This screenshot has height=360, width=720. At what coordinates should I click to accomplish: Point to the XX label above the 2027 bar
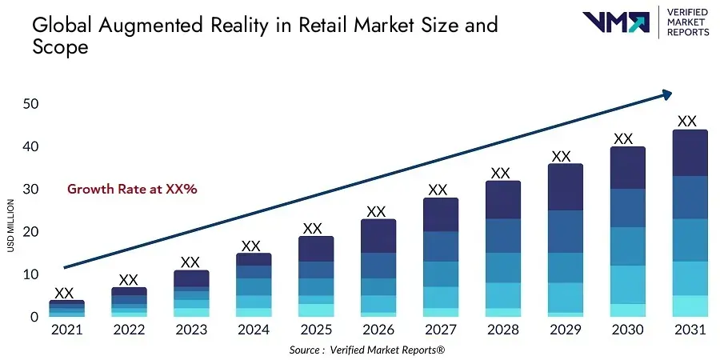[438, 190]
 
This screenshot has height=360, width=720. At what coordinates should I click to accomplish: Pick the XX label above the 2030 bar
[623, 138]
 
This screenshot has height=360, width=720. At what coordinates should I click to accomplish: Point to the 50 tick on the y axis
[31, 104]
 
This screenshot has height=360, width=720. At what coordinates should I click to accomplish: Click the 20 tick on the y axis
[31, 232]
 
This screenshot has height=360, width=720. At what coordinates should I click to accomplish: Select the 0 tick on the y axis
[34, 317]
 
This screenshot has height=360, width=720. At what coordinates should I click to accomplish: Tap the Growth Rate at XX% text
[132, 190]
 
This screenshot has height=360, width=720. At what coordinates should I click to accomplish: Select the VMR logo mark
[616, 22]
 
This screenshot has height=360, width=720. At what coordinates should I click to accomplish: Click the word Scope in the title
[59, 47]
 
